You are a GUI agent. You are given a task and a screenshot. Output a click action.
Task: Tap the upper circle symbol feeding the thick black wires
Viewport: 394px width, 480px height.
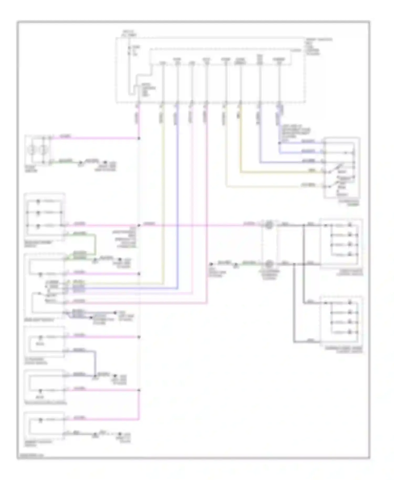coord(268,225)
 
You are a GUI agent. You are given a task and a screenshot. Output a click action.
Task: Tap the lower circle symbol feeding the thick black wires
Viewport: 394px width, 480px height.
coord(268,263)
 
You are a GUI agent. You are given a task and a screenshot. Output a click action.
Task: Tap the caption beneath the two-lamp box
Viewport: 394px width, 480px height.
coord(31,169)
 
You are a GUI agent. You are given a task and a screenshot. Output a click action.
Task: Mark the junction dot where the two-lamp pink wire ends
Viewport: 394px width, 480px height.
coord(139,138)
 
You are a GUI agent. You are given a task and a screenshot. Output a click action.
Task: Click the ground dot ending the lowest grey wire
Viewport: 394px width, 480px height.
coord(120,434)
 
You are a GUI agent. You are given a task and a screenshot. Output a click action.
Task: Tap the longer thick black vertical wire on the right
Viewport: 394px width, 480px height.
coord(304,263)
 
